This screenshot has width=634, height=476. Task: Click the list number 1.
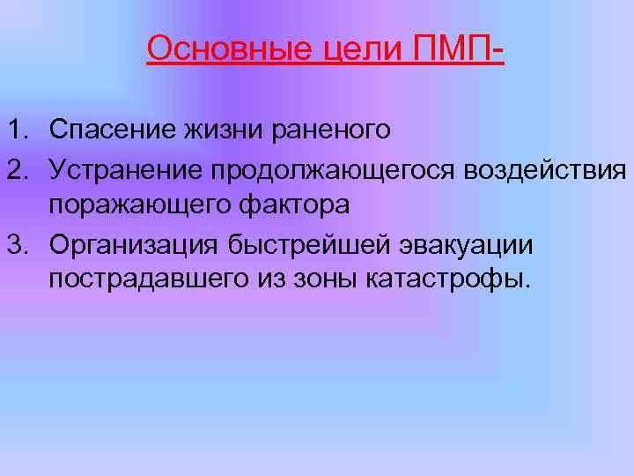[18, 130]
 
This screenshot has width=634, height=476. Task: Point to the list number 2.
[18, 167]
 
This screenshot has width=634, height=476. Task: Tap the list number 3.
[18, 242]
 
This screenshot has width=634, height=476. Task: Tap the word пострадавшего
[144, 279]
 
